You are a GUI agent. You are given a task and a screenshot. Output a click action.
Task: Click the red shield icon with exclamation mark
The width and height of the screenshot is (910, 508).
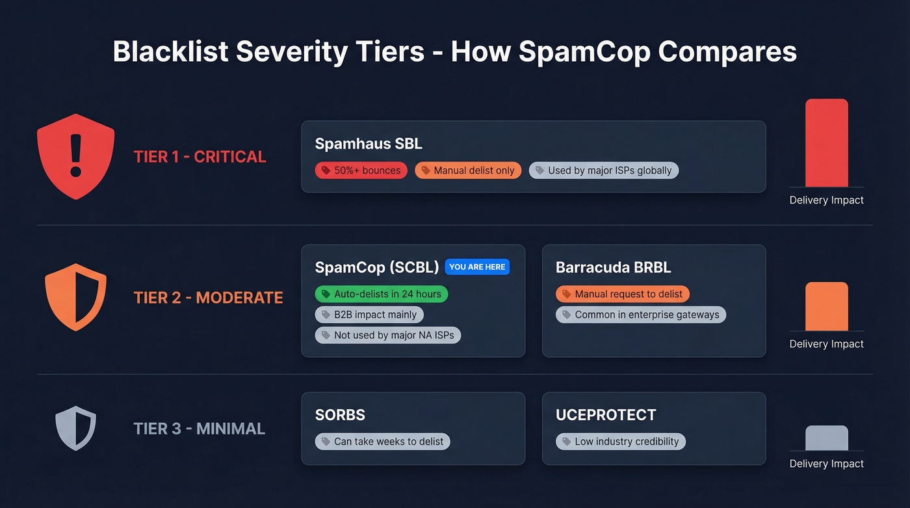76,157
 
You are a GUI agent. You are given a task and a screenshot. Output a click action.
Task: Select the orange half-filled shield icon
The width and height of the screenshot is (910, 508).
76,297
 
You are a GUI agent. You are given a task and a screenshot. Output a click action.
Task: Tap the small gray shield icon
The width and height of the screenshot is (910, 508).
76,428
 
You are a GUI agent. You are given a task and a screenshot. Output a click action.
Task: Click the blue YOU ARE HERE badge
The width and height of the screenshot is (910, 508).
477,267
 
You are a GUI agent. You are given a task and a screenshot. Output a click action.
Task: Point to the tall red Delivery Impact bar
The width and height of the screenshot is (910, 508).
826,143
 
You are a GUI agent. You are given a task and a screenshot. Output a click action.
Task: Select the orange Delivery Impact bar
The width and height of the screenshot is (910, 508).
826,306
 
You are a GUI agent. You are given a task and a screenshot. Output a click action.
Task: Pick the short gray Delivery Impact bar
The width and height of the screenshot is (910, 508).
826,438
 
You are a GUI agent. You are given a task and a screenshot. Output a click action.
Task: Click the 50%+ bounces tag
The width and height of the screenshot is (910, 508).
361,170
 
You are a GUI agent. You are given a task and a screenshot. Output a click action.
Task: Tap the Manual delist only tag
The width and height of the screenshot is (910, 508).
468,170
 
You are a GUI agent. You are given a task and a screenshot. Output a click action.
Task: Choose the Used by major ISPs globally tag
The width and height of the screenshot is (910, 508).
604,170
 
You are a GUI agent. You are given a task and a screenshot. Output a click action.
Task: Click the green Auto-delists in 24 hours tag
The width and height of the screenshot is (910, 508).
382,294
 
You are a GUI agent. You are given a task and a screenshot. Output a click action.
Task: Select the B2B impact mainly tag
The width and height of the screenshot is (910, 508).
369,315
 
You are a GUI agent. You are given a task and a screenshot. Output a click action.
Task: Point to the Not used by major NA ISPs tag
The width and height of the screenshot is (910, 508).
388,336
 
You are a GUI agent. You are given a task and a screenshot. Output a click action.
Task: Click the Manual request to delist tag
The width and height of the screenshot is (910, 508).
623,294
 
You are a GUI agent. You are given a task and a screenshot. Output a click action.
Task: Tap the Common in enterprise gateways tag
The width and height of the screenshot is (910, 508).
641,315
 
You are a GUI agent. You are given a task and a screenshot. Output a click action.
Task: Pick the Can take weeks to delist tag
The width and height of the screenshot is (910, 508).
383,442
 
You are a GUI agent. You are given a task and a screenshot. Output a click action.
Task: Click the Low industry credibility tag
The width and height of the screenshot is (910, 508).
621,442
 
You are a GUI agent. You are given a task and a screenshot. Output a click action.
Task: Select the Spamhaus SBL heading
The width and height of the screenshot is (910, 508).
369,144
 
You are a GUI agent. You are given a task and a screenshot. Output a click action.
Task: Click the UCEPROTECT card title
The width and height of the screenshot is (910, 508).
606,414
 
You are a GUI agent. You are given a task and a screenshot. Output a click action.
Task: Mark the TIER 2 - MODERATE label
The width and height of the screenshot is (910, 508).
208,298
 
